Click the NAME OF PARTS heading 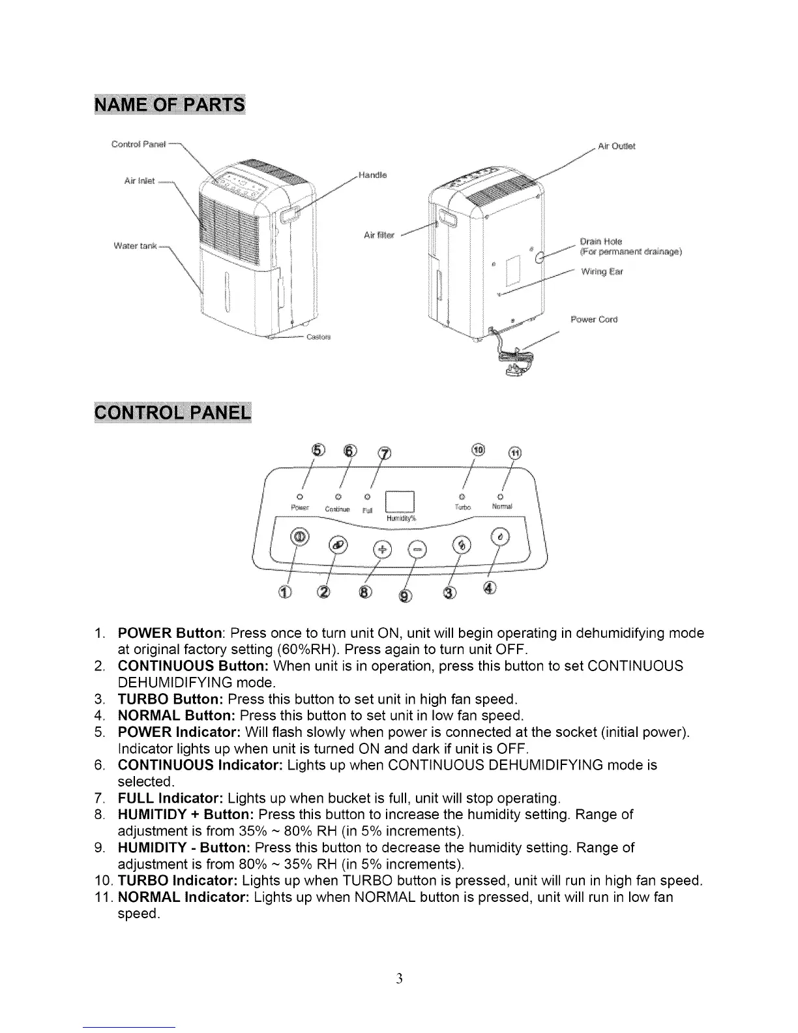pos(170,105)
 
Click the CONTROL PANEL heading pos(172,414)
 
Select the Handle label pos(372,175)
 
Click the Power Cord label pos(593,320)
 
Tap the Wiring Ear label pos(602,271)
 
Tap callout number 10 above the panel pos(478,451)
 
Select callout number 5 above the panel pos(318,451)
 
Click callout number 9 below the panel pos(404,595)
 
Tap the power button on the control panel pos(300,536)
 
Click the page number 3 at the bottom pos(399,978)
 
